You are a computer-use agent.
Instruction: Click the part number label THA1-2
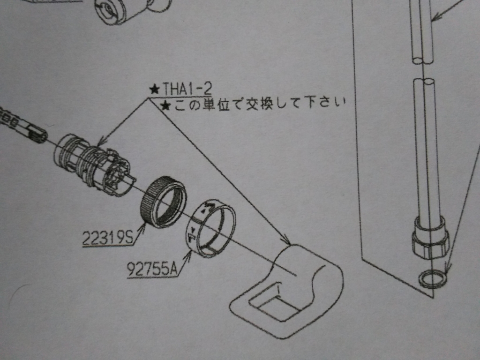coord(187,89)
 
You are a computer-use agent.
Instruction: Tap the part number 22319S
coord(108,238)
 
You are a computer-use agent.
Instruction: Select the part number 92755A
coord(152,270)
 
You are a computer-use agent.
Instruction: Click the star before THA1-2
coord(155,90)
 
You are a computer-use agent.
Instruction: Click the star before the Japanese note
coord(166,106)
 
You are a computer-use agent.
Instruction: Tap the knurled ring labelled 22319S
coord(163,202)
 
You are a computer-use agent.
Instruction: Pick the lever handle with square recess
coord(286,291)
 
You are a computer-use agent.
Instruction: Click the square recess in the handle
coord(274,301)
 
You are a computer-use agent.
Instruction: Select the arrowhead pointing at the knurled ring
coord(142,228)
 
